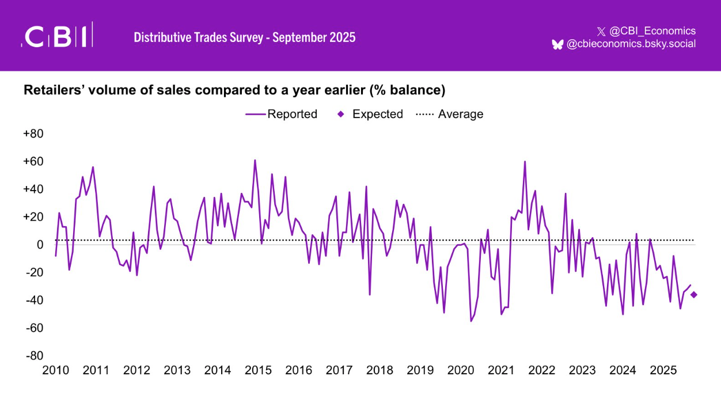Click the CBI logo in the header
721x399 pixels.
coord(57,36)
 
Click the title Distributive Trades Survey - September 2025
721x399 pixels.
coord(245,37)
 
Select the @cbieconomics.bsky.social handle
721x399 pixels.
coord(631,44)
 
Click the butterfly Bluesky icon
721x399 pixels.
coord(557,44)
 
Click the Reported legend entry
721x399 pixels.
coord(282,114)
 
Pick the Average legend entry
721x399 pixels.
coord(450,114)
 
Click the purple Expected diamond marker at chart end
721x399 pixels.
coord(694,295)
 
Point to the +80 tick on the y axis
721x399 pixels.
coord(33,134)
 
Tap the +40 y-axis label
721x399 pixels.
coord(33,189)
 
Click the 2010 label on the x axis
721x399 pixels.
coord(56,370)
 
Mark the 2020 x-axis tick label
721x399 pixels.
coord(461,370)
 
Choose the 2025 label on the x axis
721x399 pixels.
coord(663,370)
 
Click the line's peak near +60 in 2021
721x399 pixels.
coord(525,162)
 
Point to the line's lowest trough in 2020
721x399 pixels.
coord(471,321)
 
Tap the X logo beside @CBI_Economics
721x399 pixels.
coord(601,31)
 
